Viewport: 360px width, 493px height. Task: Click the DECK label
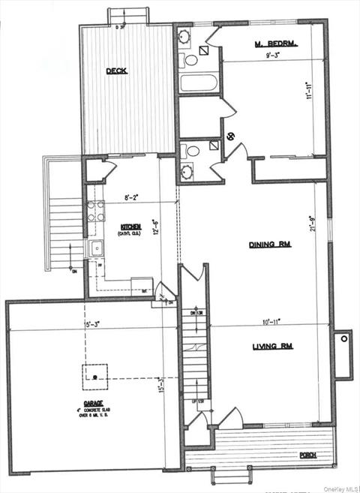(x=116, y=71)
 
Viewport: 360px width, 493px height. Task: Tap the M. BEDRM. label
(x=275, y=44)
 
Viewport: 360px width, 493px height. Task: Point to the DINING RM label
(x=270, y=245)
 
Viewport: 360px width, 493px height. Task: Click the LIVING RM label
(x=271, y=346)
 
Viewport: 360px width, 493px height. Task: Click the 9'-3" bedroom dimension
(x=275, y=56)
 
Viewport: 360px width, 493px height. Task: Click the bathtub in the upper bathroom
(x=198, y=83)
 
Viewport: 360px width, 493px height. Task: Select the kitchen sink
(x=96, y=249)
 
